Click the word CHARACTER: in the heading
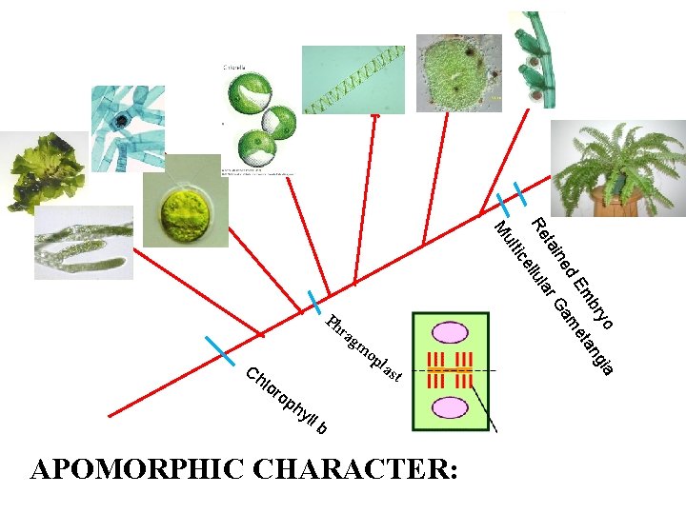pyautogui.click(x=352, y=470)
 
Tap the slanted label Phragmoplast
pyautogui.click(x=364, y=350)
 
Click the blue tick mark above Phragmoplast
pyautogui.click(x=314, y=302)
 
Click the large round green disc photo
pyautogui.click(x=458, y=73)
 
